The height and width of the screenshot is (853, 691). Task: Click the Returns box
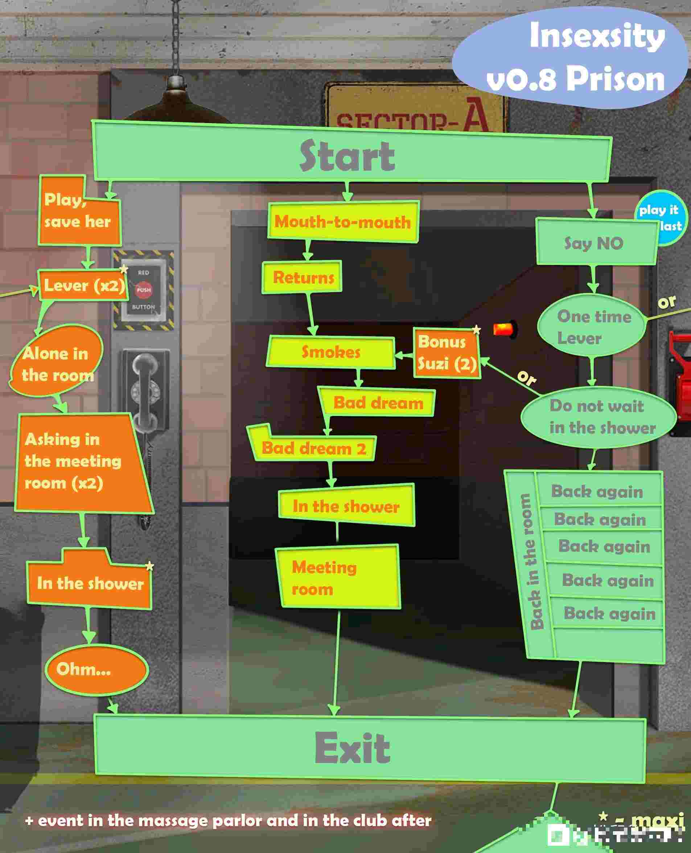click(x=303, y=277)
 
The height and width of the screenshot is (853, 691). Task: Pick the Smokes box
click(x=330, y=352)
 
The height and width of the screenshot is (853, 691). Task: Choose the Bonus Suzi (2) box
click(x=446, y=353)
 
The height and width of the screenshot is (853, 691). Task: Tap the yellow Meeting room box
click(x=338, y=577)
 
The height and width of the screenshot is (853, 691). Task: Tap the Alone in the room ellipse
click(x=56, y=364)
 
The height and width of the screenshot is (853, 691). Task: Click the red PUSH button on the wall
click(x=144, y=290)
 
